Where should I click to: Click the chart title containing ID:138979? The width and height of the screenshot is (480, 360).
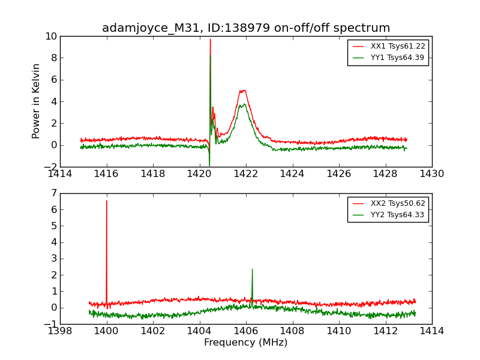click(x=246, y=28)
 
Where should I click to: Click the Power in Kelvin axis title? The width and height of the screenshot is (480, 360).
click(x=37, y=101)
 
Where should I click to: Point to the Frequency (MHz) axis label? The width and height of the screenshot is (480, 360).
click(x=246, y=343)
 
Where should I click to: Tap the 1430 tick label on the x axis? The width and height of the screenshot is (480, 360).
click(x=431, y=174)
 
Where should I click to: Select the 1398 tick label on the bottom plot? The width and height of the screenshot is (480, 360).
click(x=60, y=331)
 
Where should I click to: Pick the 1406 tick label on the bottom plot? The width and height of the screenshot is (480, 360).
click(x=246, y=331)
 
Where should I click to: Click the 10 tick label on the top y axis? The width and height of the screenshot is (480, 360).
click(x=50, y=37)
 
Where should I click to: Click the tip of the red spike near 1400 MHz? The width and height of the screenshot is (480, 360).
click(x=107, y=201)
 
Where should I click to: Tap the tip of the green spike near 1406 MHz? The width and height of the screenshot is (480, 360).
click(x=252, y=269)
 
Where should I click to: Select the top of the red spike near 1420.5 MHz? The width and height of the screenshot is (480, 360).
click(x=210, y=40)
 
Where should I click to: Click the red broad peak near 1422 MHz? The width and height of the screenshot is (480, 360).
click(x=243, y=91)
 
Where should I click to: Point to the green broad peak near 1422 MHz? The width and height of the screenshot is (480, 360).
click(x=244, y=104)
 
